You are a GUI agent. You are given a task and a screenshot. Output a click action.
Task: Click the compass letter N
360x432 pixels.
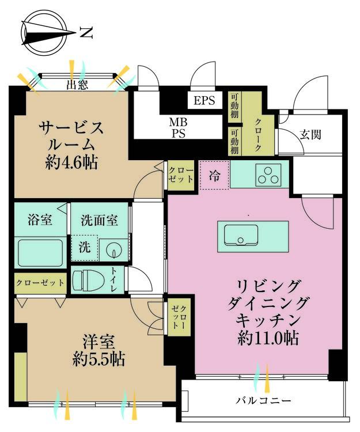(86, 32)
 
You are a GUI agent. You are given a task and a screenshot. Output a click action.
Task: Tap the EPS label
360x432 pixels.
(204, 100)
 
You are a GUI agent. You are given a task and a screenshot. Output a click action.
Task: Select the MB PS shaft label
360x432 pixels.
(178, 127)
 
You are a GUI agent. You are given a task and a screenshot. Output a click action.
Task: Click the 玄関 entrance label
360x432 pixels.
(310, 135)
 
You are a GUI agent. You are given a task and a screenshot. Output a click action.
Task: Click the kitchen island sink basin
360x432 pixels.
(241, 235)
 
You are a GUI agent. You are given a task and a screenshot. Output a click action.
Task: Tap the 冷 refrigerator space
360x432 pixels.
(214, 175)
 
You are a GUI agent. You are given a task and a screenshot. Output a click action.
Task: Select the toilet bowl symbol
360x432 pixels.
(89, 280)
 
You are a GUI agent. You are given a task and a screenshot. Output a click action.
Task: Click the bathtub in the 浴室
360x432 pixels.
(40, 253)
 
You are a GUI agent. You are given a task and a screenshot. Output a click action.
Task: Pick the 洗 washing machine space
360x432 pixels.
(85, 248)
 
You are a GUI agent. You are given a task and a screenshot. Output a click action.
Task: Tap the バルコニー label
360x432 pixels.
(263, 400)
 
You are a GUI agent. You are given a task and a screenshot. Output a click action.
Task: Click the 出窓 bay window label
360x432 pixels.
(77, 85)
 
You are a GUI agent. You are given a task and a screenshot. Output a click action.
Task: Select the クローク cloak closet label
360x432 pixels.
(257, 135)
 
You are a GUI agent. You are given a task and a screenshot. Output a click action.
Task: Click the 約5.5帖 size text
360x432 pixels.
(98, 359)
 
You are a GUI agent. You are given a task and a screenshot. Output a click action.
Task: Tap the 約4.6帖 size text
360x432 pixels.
(71, 163)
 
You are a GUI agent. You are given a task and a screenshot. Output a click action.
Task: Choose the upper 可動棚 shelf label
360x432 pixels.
(234, 105)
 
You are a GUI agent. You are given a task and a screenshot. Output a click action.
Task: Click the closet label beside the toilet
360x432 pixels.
(40, 283)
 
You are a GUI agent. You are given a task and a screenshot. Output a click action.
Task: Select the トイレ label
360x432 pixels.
(115, 279)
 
